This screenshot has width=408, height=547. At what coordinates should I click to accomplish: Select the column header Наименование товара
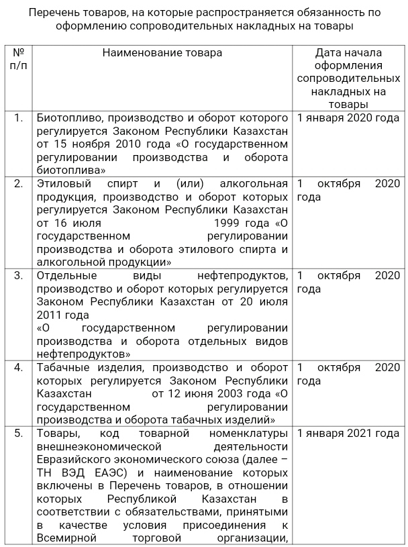[x=162, y=52]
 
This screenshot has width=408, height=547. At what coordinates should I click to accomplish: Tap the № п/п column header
[x=19, y=58]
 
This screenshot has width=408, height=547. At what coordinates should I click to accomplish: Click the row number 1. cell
[x=19, y=117]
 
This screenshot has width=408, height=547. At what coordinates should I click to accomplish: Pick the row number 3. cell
[x=19, y=275]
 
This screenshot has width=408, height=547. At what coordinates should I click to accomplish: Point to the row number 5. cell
[x=19, y=433]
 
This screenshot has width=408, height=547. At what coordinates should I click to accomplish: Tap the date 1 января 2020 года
[x=348, y=117]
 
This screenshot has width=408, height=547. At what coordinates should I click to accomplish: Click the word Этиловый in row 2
[x=62, y=183]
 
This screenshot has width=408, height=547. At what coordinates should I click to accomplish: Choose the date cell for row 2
[x=348, y=190]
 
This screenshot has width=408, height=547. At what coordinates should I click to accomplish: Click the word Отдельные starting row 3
[x=67, y=275]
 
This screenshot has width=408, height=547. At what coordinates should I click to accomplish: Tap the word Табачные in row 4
[x=64, y=367]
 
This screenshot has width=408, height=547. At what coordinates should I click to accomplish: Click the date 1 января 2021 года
[x=348, y=433]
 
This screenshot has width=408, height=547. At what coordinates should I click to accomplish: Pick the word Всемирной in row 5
[x=67, y=538]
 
